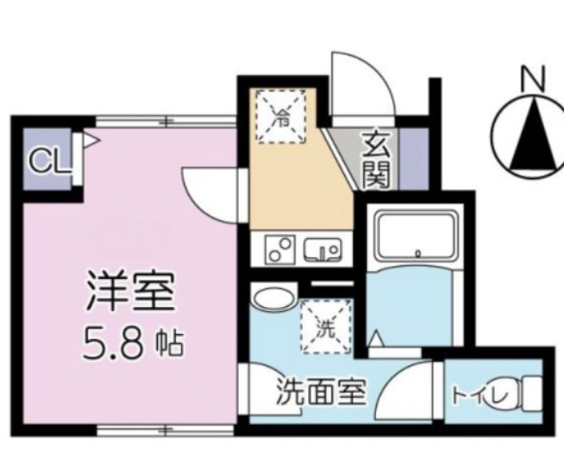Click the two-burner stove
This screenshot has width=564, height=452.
click(x=281, y=251)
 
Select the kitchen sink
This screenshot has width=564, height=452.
click(x=322, y=251)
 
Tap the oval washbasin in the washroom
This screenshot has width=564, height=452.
click(x=272, y=300)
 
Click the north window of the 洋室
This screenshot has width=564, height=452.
click(x=166, y=122)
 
